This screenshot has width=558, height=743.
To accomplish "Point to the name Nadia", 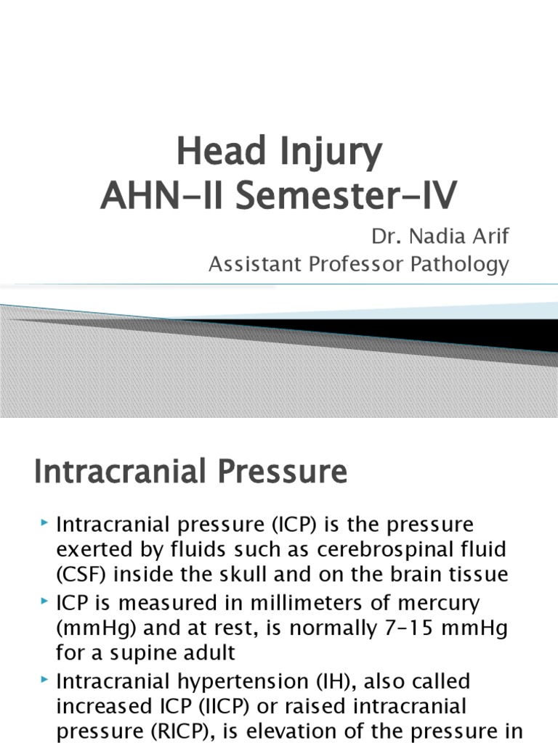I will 435,237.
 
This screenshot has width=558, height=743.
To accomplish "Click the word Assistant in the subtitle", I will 254,265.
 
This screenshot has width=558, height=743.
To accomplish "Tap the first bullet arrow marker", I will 45,522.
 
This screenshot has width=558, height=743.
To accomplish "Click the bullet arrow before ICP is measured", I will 45,601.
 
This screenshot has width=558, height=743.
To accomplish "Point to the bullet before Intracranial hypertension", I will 45,680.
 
